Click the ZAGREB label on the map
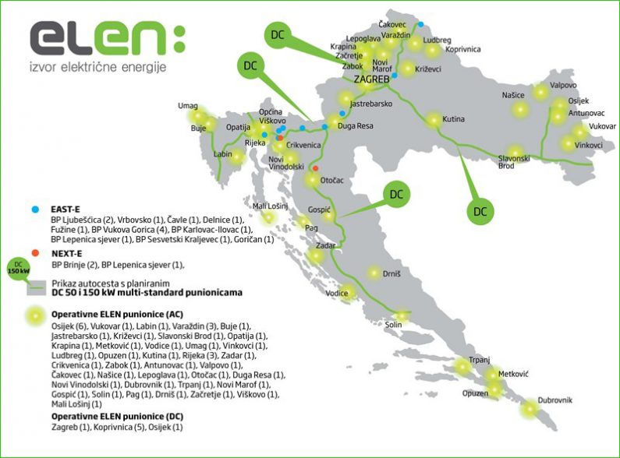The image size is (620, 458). pyautogui.click(x=371, y=79)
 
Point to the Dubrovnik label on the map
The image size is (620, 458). pyautogui.click(x=554, y=400)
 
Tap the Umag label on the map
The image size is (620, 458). pyautogui.click(x=188, y=106)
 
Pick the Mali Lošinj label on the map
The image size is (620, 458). pyautogui.click(x=271, y=206)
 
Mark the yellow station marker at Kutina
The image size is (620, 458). pyautogui.click(x=434, y=121)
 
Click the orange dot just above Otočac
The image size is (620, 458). pyautogui.click(x=315, y=168)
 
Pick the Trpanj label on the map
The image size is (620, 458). pyautogui.click(x=479, y=360)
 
